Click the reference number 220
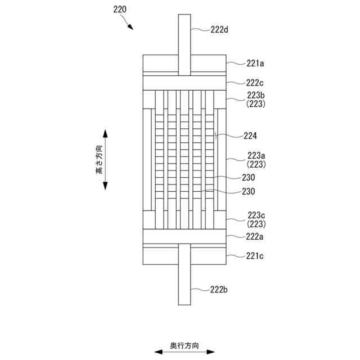pos(120,10)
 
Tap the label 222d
pos(218,30)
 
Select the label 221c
pos(255,256)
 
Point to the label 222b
pos(218,289)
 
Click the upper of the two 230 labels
pos(248,177)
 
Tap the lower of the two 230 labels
pos(248,191)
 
